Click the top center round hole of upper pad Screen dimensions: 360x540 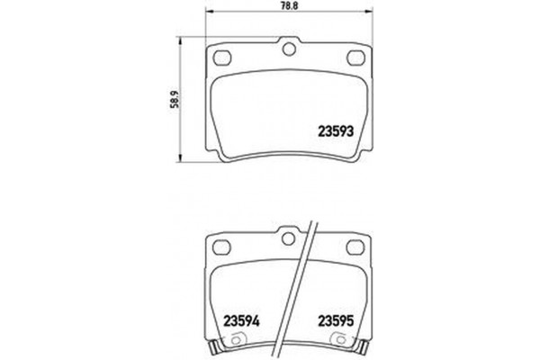[x=288, y=49]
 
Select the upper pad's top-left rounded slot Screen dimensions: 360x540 [x=220, y=56]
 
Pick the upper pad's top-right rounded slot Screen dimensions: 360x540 [x=355, y=56]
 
